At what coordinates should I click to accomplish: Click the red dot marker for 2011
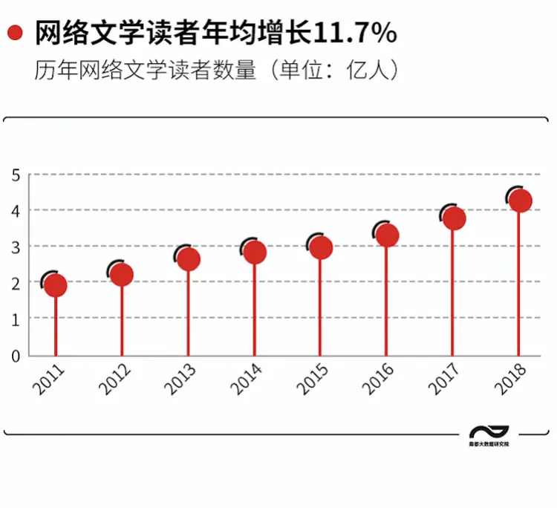(56, 285)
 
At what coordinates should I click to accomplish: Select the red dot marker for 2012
(122, 275)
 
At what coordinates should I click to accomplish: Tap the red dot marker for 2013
(189, 259)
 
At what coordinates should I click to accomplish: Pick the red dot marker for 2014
(255, 253)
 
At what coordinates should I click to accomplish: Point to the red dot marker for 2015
(321, 247)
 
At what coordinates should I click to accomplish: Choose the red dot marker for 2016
(387, 235)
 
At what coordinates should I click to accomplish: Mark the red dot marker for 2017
(453, 218)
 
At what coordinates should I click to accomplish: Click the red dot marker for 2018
(519, 201)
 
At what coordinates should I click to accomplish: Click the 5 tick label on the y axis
(16, 175)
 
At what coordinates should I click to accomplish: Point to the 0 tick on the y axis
(16, 356)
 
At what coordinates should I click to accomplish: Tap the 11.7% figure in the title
(356, 34)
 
